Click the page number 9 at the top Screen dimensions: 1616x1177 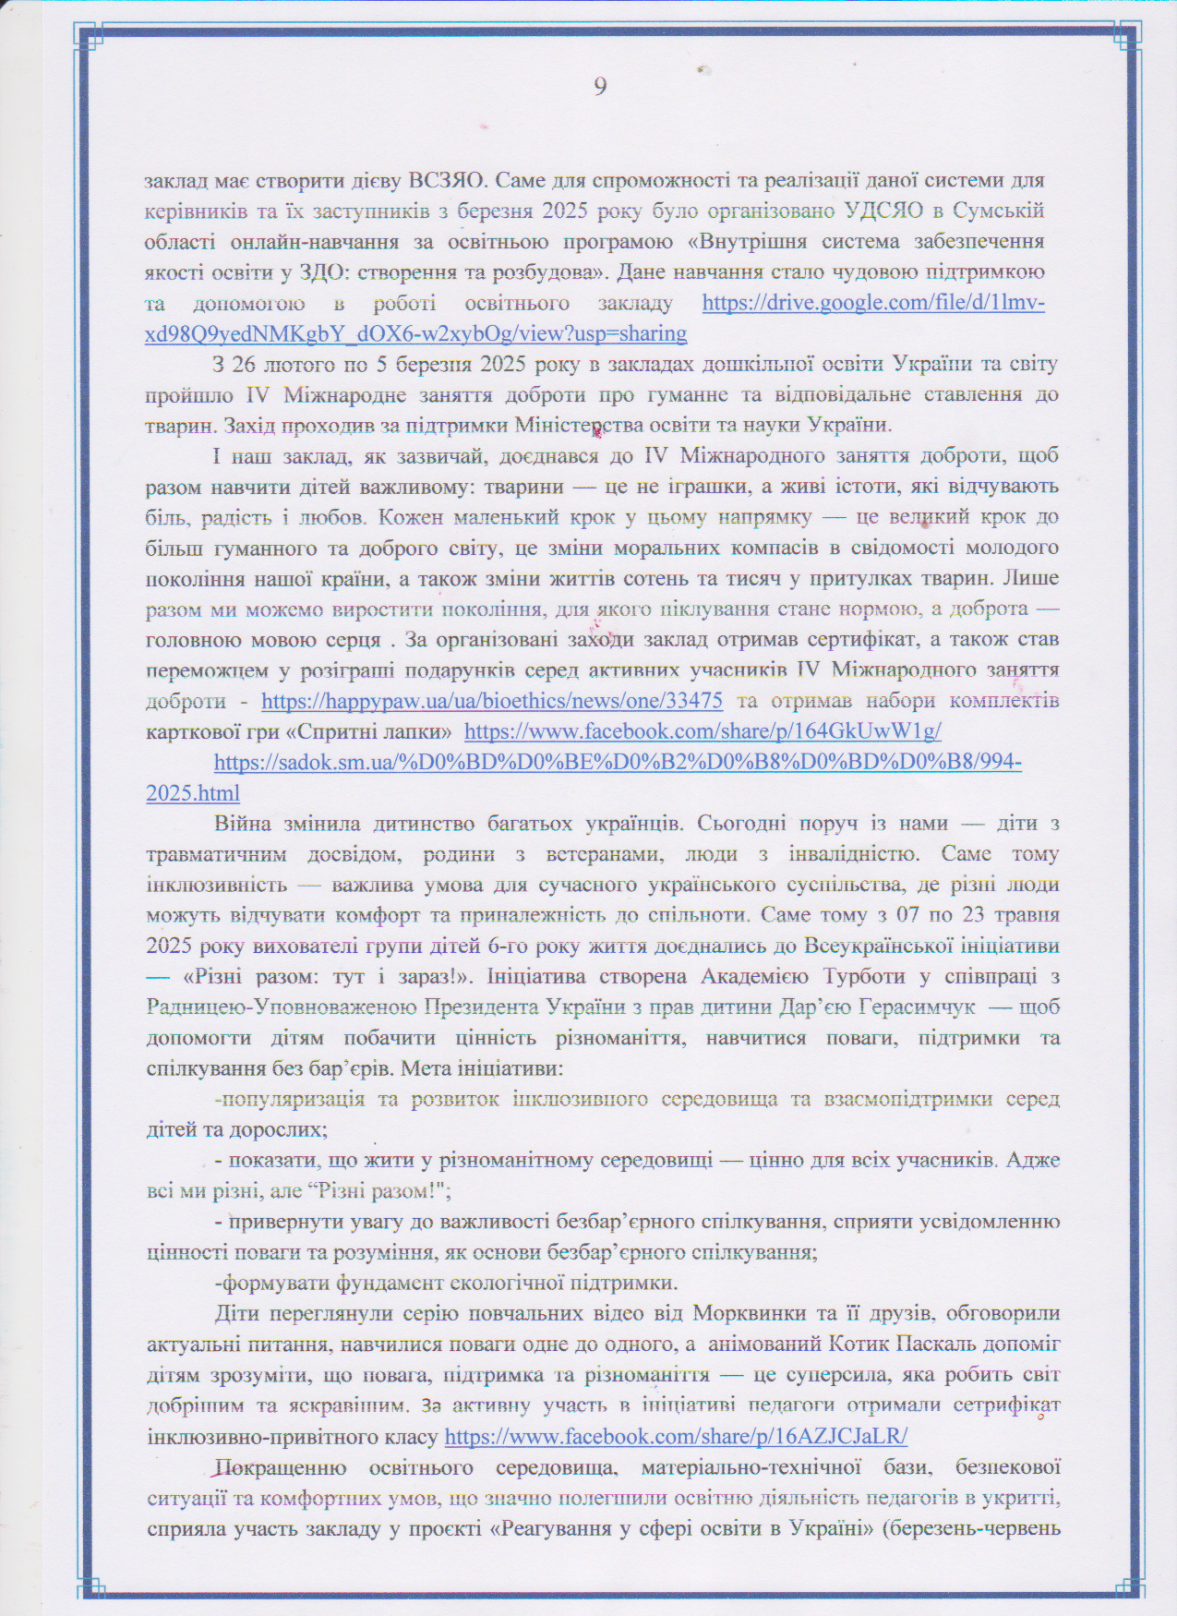(600, 87)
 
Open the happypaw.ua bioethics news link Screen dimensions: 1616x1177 (492, 701)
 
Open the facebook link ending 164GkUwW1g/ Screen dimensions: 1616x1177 (703, 731)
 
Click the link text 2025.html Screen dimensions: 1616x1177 (193, 793)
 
